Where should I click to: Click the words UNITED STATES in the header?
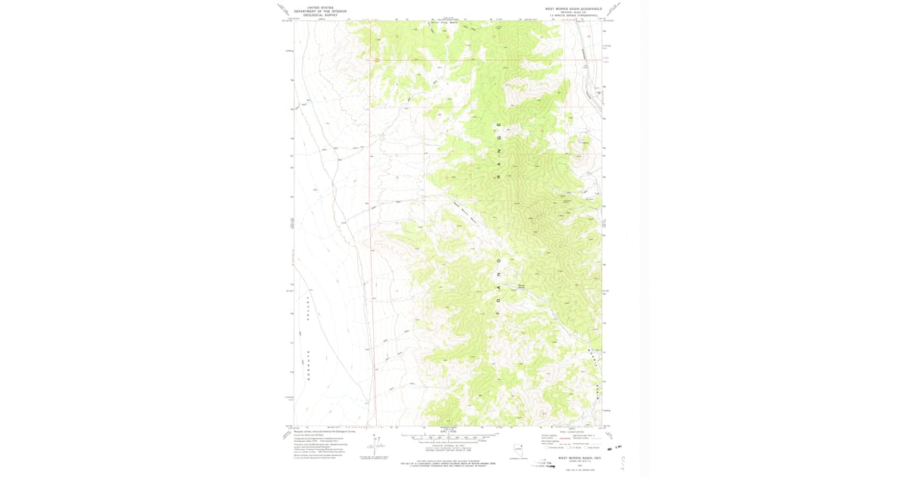[319, 7]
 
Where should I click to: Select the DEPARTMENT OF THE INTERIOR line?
[319, 11]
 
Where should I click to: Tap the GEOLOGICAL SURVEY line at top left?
[319, 14]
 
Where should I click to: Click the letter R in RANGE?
[499, 178]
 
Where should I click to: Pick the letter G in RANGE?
[499, 141]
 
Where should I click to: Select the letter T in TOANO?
[499, 310]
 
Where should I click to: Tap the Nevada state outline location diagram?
[518, 450]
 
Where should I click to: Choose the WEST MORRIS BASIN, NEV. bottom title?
[580, 458]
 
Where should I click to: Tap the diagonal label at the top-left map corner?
[281, 10]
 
